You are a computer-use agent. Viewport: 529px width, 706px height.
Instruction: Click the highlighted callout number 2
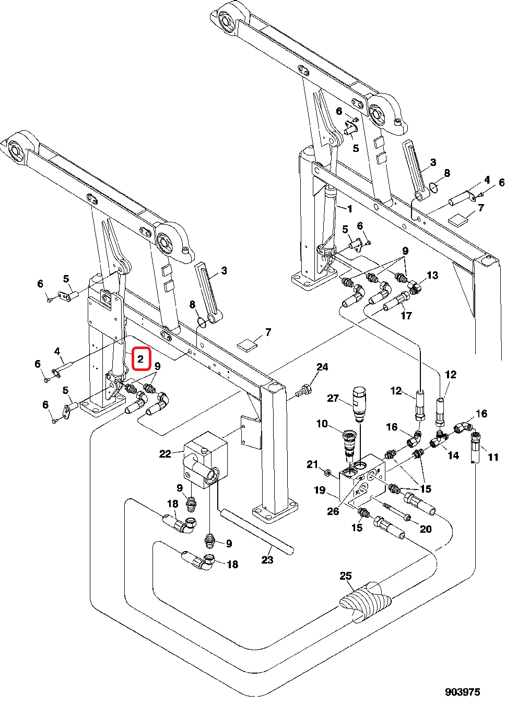(140, 359)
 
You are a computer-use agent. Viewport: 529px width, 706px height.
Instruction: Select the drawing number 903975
(462, 692)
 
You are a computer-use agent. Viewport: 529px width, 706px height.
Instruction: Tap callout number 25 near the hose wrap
(346, 576)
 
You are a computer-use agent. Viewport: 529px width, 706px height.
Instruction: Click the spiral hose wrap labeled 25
(365, 601)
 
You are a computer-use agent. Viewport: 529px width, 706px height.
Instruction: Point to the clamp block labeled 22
(205, 459)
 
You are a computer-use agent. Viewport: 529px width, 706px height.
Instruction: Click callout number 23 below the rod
(267, 560)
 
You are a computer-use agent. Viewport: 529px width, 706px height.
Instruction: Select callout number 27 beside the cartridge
(333, 398)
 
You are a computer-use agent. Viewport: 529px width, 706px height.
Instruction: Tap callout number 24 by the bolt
(322, 367)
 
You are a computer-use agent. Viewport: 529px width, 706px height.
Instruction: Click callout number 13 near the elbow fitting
(432, 275)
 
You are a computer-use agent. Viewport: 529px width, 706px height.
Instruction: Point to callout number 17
(406, 315)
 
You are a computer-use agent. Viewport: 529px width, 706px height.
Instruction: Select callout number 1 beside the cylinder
(349, 209)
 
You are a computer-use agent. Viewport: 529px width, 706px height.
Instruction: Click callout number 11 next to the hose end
(493, 457)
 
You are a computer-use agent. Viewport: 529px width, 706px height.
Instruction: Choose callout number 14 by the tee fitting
(453, 455)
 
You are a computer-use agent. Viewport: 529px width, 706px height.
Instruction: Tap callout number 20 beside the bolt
(426, 529)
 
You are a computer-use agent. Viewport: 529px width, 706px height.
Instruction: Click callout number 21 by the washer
(312, 464)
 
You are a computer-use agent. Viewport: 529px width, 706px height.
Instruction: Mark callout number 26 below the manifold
(333, 511)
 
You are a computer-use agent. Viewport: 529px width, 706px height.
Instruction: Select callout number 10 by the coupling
(322, 424)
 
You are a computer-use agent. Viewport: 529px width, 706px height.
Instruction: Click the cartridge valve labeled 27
(359, 403)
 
